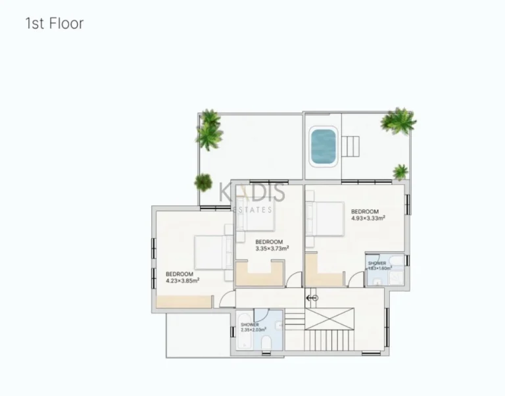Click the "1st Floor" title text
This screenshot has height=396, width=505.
tap(54, 24)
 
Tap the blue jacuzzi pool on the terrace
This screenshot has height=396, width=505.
tap(322, 147)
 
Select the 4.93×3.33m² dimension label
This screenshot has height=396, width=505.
tap(368, 218)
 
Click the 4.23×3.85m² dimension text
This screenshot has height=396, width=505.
tap(182, 280)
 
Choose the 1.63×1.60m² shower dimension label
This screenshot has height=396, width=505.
tap(379, 268)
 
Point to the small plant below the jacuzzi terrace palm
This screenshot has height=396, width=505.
tap(400, 172)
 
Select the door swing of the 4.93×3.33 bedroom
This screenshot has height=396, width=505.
tap(356, 279)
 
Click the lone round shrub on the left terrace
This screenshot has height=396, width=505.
tap(203, 181)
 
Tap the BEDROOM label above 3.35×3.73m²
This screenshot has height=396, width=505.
tap(268, 241)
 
